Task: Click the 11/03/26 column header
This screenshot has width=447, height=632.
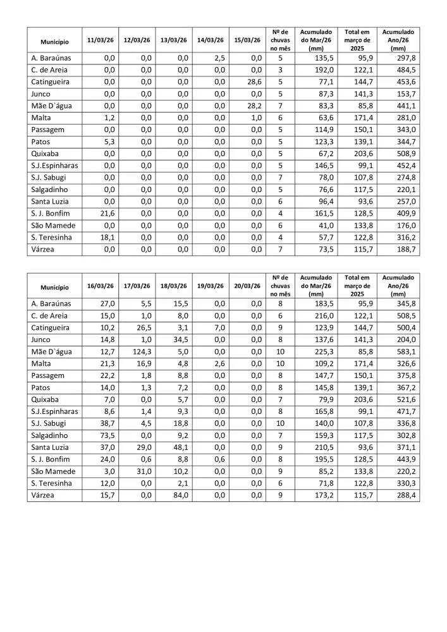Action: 100,40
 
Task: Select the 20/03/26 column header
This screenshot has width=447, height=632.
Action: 247,286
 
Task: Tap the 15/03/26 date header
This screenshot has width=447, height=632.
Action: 247,40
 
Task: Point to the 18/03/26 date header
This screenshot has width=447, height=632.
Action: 173,286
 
